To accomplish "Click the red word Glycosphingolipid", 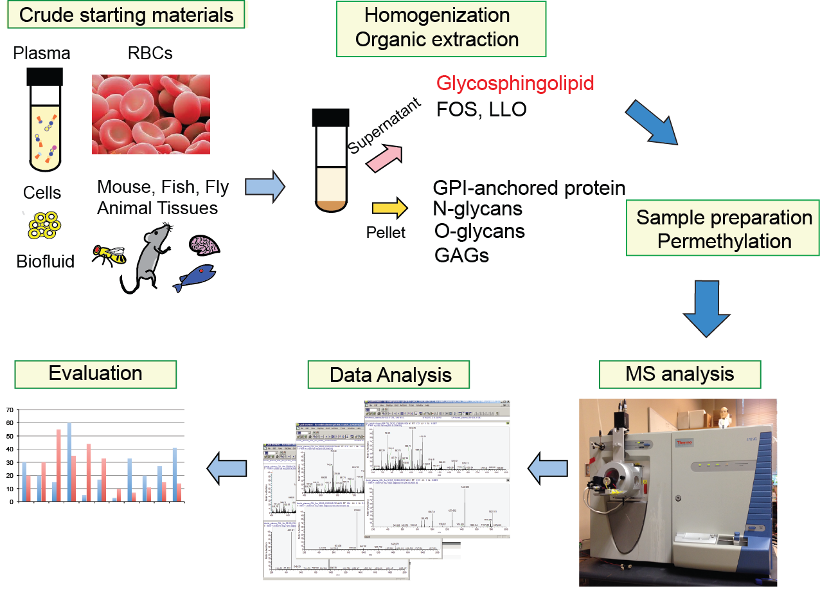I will pyautogui.click(x=515, y=83).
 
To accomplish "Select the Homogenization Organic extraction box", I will pyautogui.click(x=440, y=28).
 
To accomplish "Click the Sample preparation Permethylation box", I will pyautogui.click(x=724, y=230).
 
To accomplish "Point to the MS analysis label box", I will pyautogui.click(x=679, y=374).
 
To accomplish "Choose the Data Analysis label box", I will pyautogui.click(x=390, y=375).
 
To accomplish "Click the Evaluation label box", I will pyautogui.click(x=95, y=374).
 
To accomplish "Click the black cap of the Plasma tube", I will pyautogui.click(x=44, y=77).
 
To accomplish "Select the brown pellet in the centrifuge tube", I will pyautogui.click(x=330, y=205).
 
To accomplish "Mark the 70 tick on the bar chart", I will pyautogui.click(x=8, y=410).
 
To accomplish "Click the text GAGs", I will pyautogui.click(x=461, y=255).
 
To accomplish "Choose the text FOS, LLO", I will pyautogui.click(x=481, y=109).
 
